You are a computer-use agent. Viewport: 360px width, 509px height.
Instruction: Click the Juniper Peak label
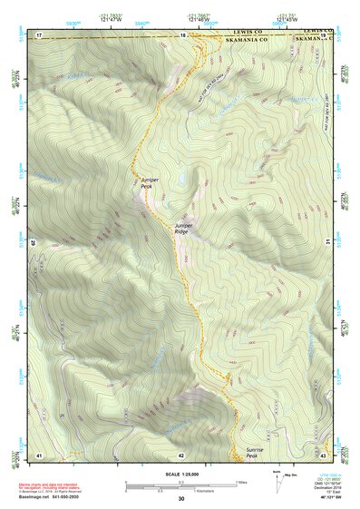151,183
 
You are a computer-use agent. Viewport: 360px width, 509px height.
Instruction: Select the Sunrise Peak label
256,452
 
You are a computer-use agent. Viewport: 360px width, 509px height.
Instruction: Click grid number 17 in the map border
39,35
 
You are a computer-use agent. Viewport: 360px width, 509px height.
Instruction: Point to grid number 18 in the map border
182,35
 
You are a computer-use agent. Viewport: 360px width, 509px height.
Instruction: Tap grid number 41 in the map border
39,455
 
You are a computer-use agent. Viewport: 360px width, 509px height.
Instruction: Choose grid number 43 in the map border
323,455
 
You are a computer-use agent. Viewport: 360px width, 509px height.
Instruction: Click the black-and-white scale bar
180,482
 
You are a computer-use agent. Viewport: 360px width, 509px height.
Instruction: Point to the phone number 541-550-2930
73,495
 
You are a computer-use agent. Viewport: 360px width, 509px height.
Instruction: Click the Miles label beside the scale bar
242,480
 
